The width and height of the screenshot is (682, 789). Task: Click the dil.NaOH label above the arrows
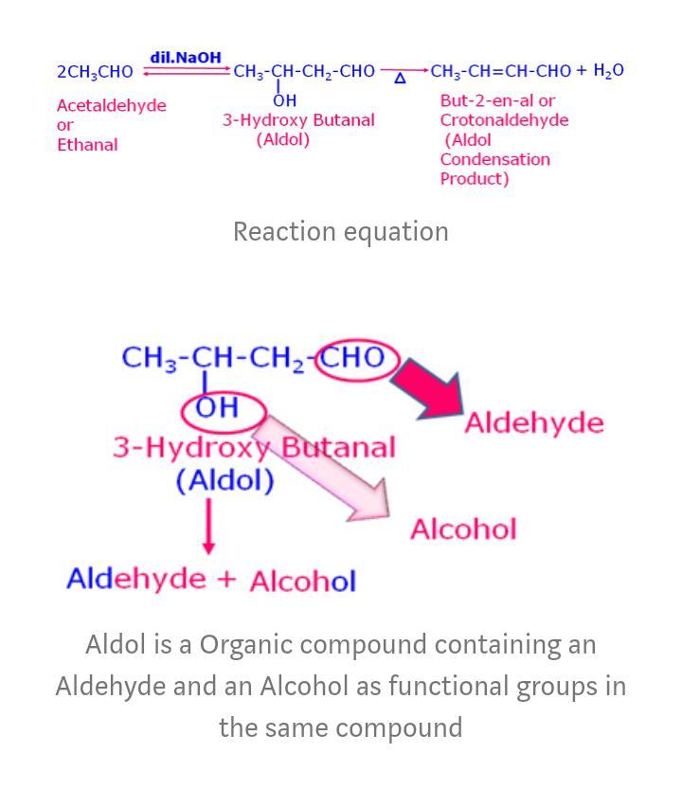pyautogui.click(x=186, y=58)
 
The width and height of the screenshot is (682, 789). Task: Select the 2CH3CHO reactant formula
pyautogui.click(x=95, y=72)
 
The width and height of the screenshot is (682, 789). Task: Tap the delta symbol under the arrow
pyautogui.click(x=400, y=79)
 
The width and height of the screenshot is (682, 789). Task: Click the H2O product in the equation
pyautogui.click(x=608, y=70)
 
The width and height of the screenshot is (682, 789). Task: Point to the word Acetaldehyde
pyautogui.click(x=111, y=106)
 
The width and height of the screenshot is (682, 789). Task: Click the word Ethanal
pyautogui.click(x=87, y=145)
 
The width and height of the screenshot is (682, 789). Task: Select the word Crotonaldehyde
pyautogui.click(x=504, y=120)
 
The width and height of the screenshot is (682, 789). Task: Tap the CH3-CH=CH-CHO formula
pyautogui.click(x=501, y=71)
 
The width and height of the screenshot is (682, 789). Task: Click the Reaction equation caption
pyautogui.click(x=341, y=232)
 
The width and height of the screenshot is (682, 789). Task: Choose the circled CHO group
pyautogui.click(x=357, y=358)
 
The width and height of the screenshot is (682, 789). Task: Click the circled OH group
pyautogui.click(x=223, y=412)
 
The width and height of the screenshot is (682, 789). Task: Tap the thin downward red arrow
pyautogui.click(x=208, y=526)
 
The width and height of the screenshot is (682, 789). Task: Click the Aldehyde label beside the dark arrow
pyautogui.click(x=534, y=423)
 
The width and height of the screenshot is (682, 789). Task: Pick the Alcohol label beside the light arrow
pyautogui.click(x=463, y=529)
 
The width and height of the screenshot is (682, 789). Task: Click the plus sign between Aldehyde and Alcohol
pyautogui.click(x=227, y=579)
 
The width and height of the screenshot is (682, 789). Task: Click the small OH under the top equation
pyautogui.click(x=285, y=101)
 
